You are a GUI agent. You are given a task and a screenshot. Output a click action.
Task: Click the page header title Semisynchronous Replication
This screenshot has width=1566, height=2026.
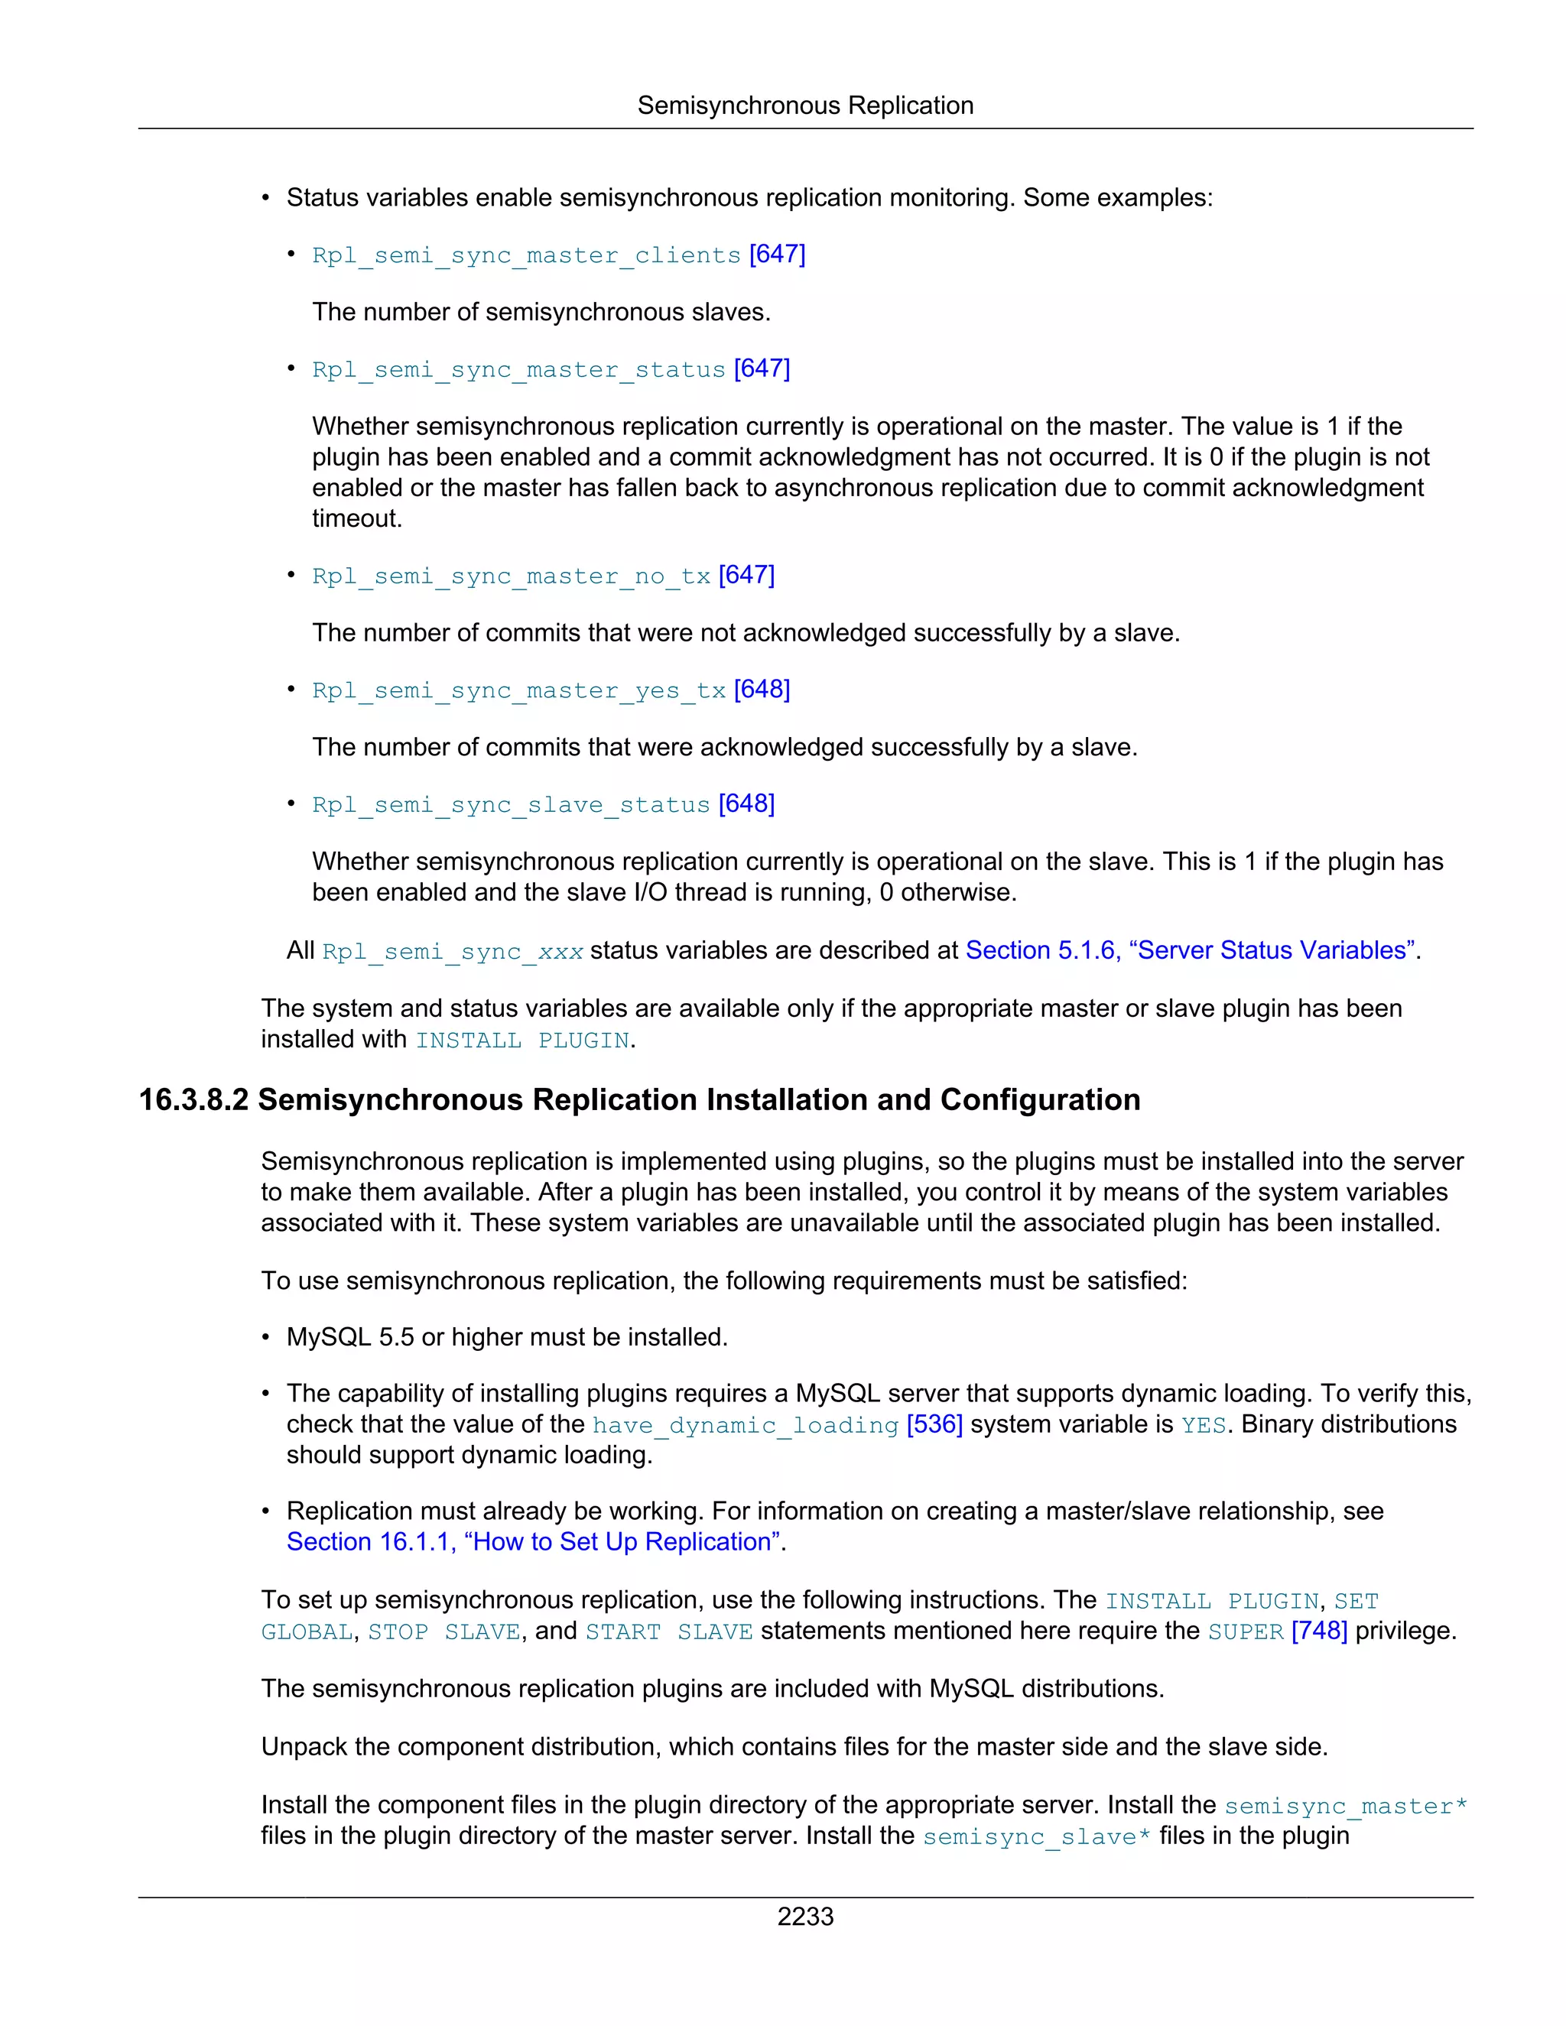point(804,106)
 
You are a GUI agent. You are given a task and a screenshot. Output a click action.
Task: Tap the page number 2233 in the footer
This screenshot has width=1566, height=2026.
point(804,1917)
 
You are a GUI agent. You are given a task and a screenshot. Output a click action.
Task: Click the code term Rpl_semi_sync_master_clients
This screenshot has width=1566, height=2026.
point(526,255)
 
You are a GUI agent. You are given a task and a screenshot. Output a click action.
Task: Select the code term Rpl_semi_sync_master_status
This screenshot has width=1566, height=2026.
point(518,369)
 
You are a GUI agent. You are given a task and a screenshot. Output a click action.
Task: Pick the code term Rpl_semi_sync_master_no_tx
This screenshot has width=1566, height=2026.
point(512,576)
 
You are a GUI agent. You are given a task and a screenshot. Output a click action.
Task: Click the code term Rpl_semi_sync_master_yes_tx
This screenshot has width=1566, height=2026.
point(518,691)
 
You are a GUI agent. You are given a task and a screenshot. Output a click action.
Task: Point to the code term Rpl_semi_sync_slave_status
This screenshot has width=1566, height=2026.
point(512,805)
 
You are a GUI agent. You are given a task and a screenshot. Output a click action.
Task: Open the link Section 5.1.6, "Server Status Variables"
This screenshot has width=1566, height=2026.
point(1191,951)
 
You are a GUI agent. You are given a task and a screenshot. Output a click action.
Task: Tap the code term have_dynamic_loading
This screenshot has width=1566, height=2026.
point(746,1425)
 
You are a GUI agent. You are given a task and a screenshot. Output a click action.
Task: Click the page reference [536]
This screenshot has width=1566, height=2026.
point(935,1424)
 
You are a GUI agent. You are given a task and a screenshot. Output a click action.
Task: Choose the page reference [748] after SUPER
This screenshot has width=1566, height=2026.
point(1319,1631)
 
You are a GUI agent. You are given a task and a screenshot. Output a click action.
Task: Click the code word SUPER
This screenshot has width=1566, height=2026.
point(1246,1632)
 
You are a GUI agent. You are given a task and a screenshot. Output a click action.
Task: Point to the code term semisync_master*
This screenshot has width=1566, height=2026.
point(1345,1806)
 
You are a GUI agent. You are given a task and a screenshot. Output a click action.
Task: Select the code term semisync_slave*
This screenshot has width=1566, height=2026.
point(1036,1836)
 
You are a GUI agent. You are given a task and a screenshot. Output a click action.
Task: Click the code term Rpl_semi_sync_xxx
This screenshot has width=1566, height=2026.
point(453,952)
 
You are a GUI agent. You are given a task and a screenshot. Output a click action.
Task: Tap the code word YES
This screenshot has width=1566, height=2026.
point(1204,1425)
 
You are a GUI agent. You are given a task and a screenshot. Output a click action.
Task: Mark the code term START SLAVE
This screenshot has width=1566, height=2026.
point(669,1632)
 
